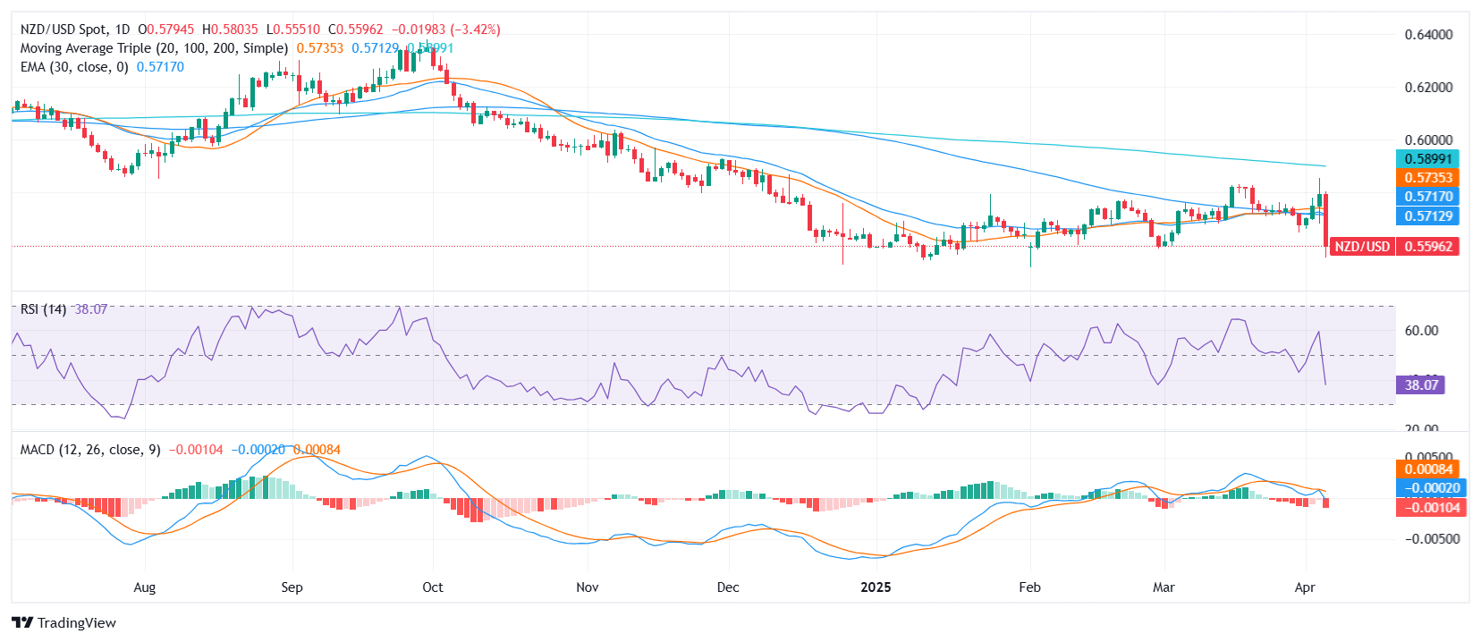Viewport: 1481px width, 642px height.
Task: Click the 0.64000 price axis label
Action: pyautogui.click(x=1428, y=35)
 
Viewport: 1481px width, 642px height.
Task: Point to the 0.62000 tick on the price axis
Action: pyautogui.click(x=1428, y=88)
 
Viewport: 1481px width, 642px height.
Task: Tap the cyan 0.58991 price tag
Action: pyautogui.click(x=1427, y=159)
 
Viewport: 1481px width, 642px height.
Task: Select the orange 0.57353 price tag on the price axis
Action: pyautogui.click(x=1427, y=178)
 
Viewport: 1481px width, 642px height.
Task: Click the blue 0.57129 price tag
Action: pyautogui.click(x=1427, y=215)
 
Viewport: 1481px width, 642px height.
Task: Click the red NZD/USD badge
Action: pyautogui.click(x=1362, y=246)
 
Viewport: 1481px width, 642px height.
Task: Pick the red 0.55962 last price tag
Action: pyautogui.click(x=1427, y=246)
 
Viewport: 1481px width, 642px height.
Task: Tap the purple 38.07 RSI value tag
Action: pyautogui.click(x=1420, y=385)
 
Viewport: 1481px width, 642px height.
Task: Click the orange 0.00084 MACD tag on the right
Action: pyautogui.click(x=1427, y=469)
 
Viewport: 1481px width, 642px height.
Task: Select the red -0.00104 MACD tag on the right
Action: pyautogui.click(x=1427, y=508)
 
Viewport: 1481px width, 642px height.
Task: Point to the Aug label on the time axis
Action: pyautogui.click(x=145, y=587)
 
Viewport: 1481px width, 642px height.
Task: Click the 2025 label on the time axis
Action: pyautogui.click(x=876, y=587)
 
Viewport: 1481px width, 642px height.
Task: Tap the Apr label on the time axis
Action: pyautogui.click(x=1305, y=587)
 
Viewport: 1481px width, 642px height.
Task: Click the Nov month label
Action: pyautogui.click(x=587, y=587)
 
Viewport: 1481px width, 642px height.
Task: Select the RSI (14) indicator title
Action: pyautogui.click(x=43, y=309)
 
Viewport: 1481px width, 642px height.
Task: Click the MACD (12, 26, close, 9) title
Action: pyautogui.click(x=90, y=450)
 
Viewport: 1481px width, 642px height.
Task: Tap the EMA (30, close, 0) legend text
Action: pyautogui.click(x=74, y=67)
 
